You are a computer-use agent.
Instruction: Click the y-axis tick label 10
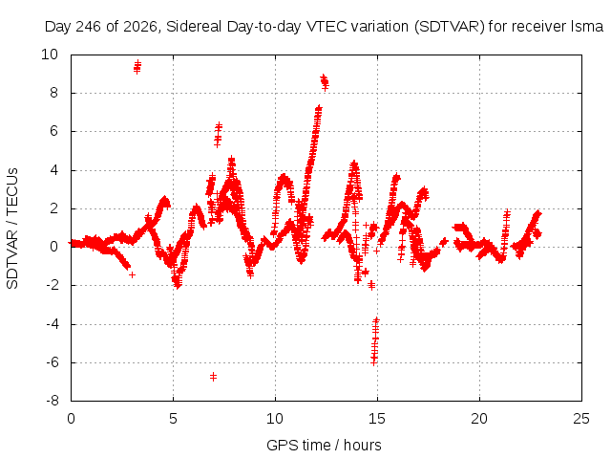click(50, 55)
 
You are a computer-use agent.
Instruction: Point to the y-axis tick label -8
click(52, 401)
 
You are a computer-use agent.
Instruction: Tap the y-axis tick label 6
click(53, 131)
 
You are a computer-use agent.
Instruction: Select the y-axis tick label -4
click(52, 324)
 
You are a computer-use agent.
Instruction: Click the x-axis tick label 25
click(581, 419)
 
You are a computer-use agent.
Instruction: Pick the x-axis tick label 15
click(377, 419)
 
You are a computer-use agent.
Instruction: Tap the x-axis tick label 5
click(173, 419)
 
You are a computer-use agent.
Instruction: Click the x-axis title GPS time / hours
click(324, 445)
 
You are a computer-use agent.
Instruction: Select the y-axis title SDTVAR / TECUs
click(12, 229)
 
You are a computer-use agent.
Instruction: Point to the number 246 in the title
click(89, 27)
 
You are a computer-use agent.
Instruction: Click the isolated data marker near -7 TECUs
click(213, 377)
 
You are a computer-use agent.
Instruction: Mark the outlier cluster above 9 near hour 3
click(137, 67)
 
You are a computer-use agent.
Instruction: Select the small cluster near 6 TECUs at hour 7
click(218, 134)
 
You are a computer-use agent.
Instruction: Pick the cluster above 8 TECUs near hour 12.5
click(325, 82)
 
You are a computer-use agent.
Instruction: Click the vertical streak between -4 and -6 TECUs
click(375, 341)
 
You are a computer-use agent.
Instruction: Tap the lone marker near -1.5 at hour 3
click(132, 274)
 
